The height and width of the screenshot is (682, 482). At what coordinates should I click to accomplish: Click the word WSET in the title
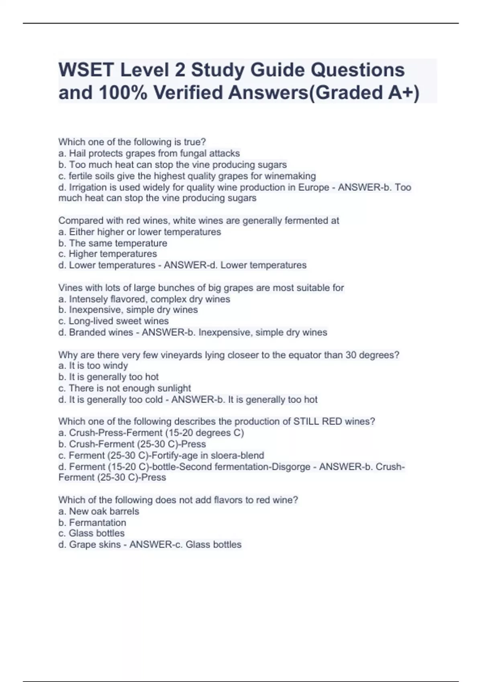tap(86, 70)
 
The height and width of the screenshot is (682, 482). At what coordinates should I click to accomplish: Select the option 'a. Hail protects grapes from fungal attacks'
tap(149, 153)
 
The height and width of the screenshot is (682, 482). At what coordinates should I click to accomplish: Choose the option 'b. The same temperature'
tap(113, 243)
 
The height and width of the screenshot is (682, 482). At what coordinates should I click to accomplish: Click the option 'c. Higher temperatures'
tap(108, 254)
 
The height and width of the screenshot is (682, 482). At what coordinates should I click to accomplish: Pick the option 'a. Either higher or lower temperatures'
tap(140, 232)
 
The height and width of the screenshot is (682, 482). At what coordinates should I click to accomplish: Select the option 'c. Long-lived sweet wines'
tap(114, 321)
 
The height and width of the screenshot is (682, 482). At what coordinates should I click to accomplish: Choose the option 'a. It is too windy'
tap(93, 365)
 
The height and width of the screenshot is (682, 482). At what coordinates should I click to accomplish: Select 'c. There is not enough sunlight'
tap(125, 388)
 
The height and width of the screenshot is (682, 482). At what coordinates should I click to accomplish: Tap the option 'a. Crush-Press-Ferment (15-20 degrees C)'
tap(151, 433)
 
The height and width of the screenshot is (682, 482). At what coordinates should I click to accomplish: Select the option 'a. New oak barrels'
tap(99, 511)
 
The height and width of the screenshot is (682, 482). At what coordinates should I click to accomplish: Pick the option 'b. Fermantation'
tap(92, 522)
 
